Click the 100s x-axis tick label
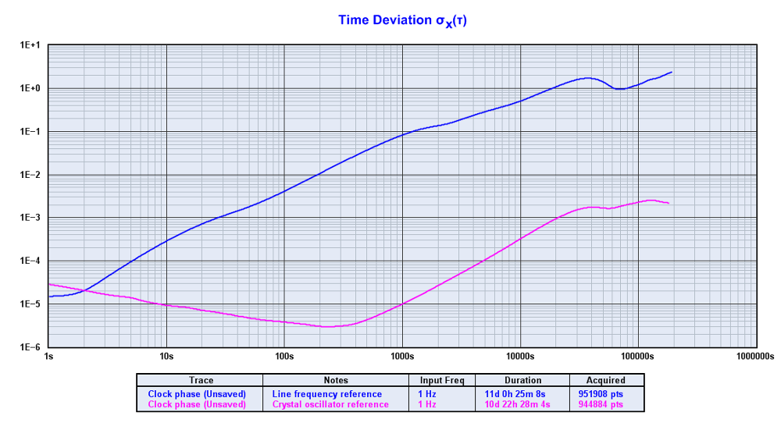[x=284, y=357]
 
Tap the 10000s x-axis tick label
[x=519, y=357]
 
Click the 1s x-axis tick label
[x=48, y=357]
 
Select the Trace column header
[x=201, y=381]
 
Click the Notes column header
[x=335, y=381]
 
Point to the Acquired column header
[x=605, y=381]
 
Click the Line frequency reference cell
[x=327, y=394]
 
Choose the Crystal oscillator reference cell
[x=330, y=404]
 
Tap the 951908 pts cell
[x=605, y=394]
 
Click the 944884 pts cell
[x=605, y=404]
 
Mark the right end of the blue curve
[x=672, y=72]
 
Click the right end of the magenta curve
[x=669, y=203]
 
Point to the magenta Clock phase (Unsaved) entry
[x=197, y=404]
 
